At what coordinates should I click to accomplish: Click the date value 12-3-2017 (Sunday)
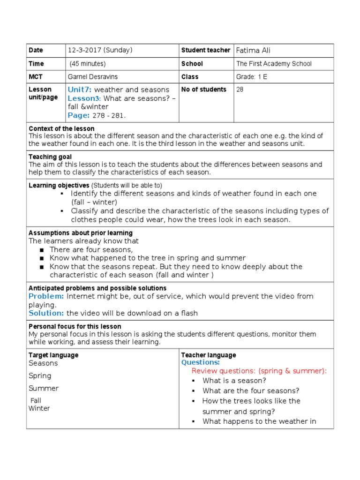100,51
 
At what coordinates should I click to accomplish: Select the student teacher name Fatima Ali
253,51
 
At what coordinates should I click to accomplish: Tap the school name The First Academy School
274,64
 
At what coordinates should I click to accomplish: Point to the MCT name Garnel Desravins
93,77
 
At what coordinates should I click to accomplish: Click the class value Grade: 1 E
252,77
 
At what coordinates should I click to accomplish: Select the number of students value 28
240,90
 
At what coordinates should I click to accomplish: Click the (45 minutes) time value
88,64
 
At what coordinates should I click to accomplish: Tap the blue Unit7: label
80,90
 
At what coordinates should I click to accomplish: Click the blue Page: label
78,115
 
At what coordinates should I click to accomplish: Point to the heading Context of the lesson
61,128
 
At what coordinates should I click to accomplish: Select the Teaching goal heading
50,157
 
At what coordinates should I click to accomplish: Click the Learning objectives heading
59,186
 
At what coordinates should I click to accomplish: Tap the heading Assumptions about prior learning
81,233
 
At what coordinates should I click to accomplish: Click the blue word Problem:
46,296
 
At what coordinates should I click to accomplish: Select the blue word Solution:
46,313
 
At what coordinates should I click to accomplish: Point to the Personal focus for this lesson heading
75,326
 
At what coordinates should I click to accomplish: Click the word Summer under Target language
44,388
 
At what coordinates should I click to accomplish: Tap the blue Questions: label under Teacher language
200,362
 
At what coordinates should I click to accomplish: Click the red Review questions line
259,371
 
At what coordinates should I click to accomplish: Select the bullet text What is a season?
234,381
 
